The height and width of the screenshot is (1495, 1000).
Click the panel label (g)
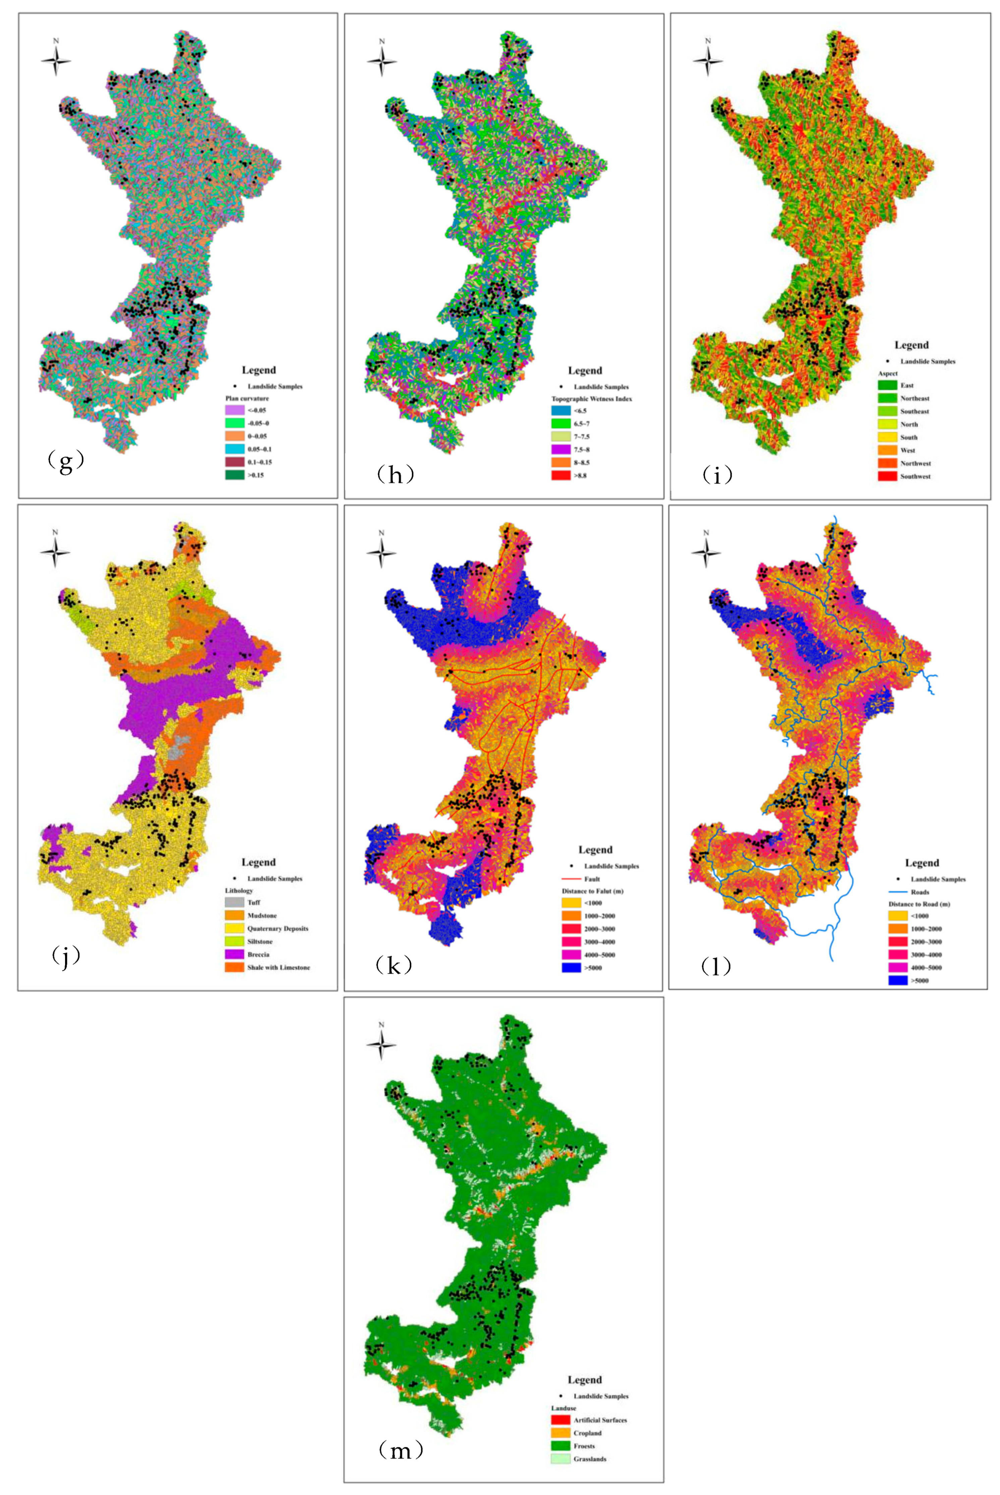[66, 461]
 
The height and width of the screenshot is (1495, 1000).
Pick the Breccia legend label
[258, 954]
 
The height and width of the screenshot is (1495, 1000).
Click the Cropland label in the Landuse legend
[587, 1433]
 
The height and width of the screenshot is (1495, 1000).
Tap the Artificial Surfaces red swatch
[561, 1420]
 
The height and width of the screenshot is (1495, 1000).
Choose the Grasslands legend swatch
[561, 1459]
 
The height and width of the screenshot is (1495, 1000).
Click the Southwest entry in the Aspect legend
[915, 476]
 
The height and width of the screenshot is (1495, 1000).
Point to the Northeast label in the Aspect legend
[915, 399]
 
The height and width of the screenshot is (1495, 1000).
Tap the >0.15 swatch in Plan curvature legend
[235, 475]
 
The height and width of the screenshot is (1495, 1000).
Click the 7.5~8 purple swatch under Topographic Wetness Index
[561, 450]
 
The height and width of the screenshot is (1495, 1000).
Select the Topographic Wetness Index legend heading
[591, 399]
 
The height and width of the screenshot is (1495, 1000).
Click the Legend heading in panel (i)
[911, 345]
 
